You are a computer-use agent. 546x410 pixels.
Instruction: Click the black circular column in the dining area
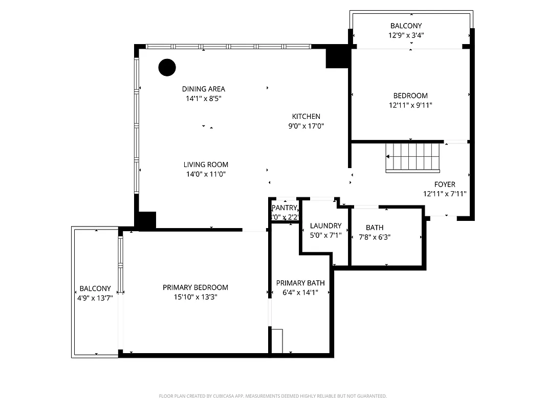pyautogui.click(x=167, y=67)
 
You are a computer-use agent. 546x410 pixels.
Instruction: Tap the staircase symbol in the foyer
pyautogui.click(x=413, y=157)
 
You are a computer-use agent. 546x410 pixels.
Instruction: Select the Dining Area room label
pyautogui.click(x=204, y=89)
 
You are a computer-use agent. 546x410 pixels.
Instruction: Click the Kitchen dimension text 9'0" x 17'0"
pyautogui.click(x=306, y=126)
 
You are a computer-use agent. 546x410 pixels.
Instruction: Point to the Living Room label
pyautogui.click(x=206, y=165)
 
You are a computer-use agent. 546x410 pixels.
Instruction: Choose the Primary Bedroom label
pyautogui.click(x=195, y=288)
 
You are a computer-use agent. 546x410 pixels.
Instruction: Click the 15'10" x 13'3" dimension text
pyautogui.click(x=195, y=297)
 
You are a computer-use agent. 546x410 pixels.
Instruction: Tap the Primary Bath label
pyautogui.click(x=300, y=283)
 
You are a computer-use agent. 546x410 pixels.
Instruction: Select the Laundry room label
pyautogui.click(x=325, y=225)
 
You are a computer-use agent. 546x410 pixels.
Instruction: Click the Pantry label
pyautogui.click(x=284, y=208)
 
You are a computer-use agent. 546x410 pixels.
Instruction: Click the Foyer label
pyautogui.click(x=445, y=184)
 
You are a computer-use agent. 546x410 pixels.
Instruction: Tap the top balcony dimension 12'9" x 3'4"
pyautogui.click(x=406, y=35)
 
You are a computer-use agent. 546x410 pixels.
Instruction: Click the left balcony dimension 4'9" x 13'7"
pyautogui.click(x=95, y=298)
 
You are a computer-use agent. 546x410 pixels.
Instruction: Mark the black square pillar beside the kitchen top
pyautogui.click(x=337, y=56)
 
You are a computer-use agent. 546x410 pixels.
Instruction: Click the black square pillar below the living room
pyautogui.click(x=146, y=220)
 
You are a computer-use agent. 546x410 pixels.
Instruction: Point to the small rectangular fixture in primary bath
pyautogui.click(x=277, y=341)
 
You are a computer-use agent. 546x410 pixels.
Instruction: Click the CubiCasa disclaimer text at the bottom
pyautogui.click(x=273, y=396)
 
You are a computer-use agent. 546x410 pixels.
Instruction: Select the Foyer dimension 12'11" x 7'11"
pyautogui.click(x=445, y=194)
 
